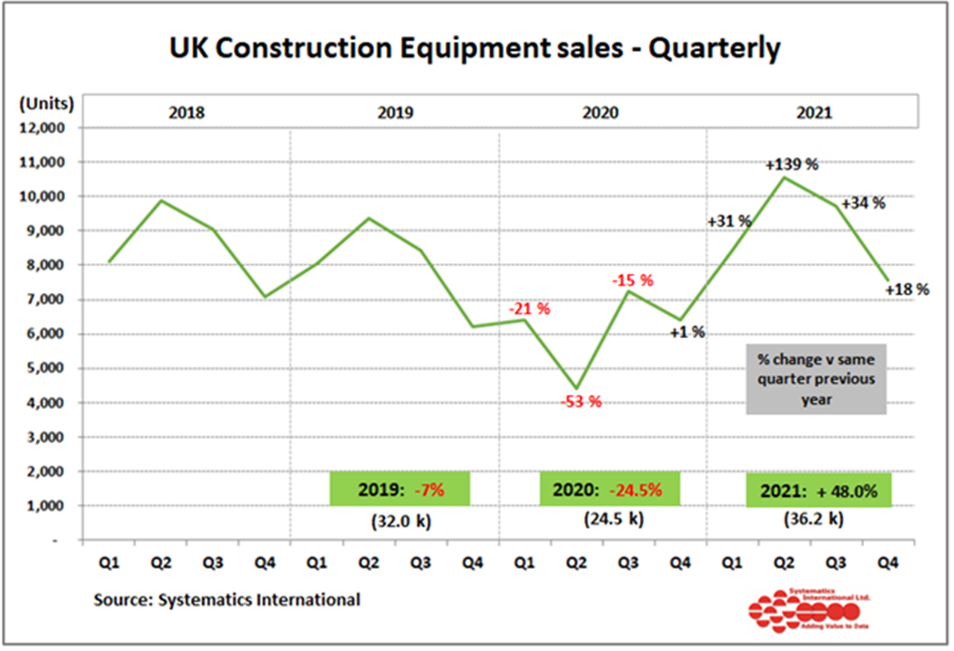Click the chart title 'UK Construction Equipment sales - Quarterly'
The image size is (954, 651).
(475, 49)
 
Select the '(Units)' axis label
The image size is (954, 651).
(45, 104)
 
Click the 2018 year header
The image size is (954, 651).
(186, 112)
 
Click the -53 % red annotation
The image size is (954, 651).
(581, 402)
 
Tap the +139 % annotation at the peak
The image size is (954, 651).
(792, 164)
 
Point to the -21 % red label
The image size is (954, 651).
(530, 309)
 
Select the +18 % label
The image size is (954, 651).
(907, 290)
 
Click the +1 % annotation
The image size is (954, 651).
(687, 332)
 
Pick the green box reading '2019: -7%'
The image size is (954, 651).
(399, 490)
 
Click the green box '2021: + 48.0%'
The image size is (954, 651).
(818, 490)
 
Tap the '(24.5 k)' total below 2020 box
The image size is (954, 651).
(613, 519)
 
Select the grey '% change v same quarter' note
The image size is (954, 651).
(816, 379)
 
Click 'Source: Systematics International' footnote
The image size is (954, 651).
(227, 599)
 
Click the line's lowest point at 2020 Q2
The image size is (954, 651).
(577, 388)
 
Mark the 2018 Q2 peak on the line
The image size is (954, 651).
(161, 200)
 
